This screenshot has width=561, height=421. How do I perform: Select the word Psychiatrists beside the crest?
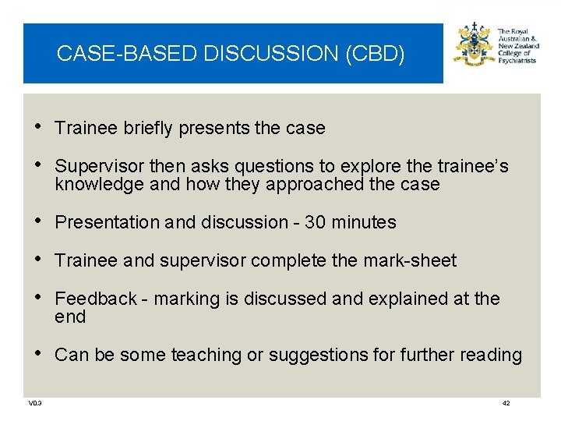(517, 61)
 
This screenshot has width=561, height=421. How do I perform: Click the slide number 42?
(506, 403)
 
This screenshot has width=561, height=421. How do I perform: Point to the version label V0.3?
(35, 403)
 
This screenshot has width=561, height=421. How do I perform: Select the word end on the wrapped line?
(70, 317)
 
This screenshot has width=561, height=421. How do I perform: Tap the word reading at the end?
(491, 356)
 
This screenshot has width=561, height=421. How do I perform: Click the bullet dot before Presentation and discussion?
(41, 222)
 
